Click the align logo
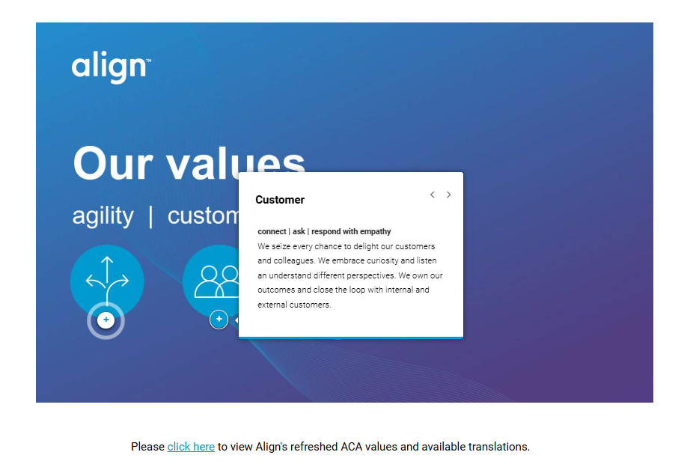[112, 67]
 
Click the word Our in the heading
[113, 163]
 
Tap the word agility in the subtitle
[103, 216]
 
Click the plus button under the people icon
[219, 320]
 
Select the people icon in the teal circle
[216, 281]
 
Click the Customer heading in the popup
[280, 200]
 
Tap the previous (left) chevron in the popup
[433, 195]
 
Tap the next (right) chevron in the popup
[448, 195]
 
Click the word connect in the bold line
[272, 231]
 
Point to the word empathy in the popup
[375, 231]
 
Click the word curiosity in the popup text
[382, 260]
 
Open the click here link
[191, 447]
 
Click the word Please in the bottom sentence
[147, 447]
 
